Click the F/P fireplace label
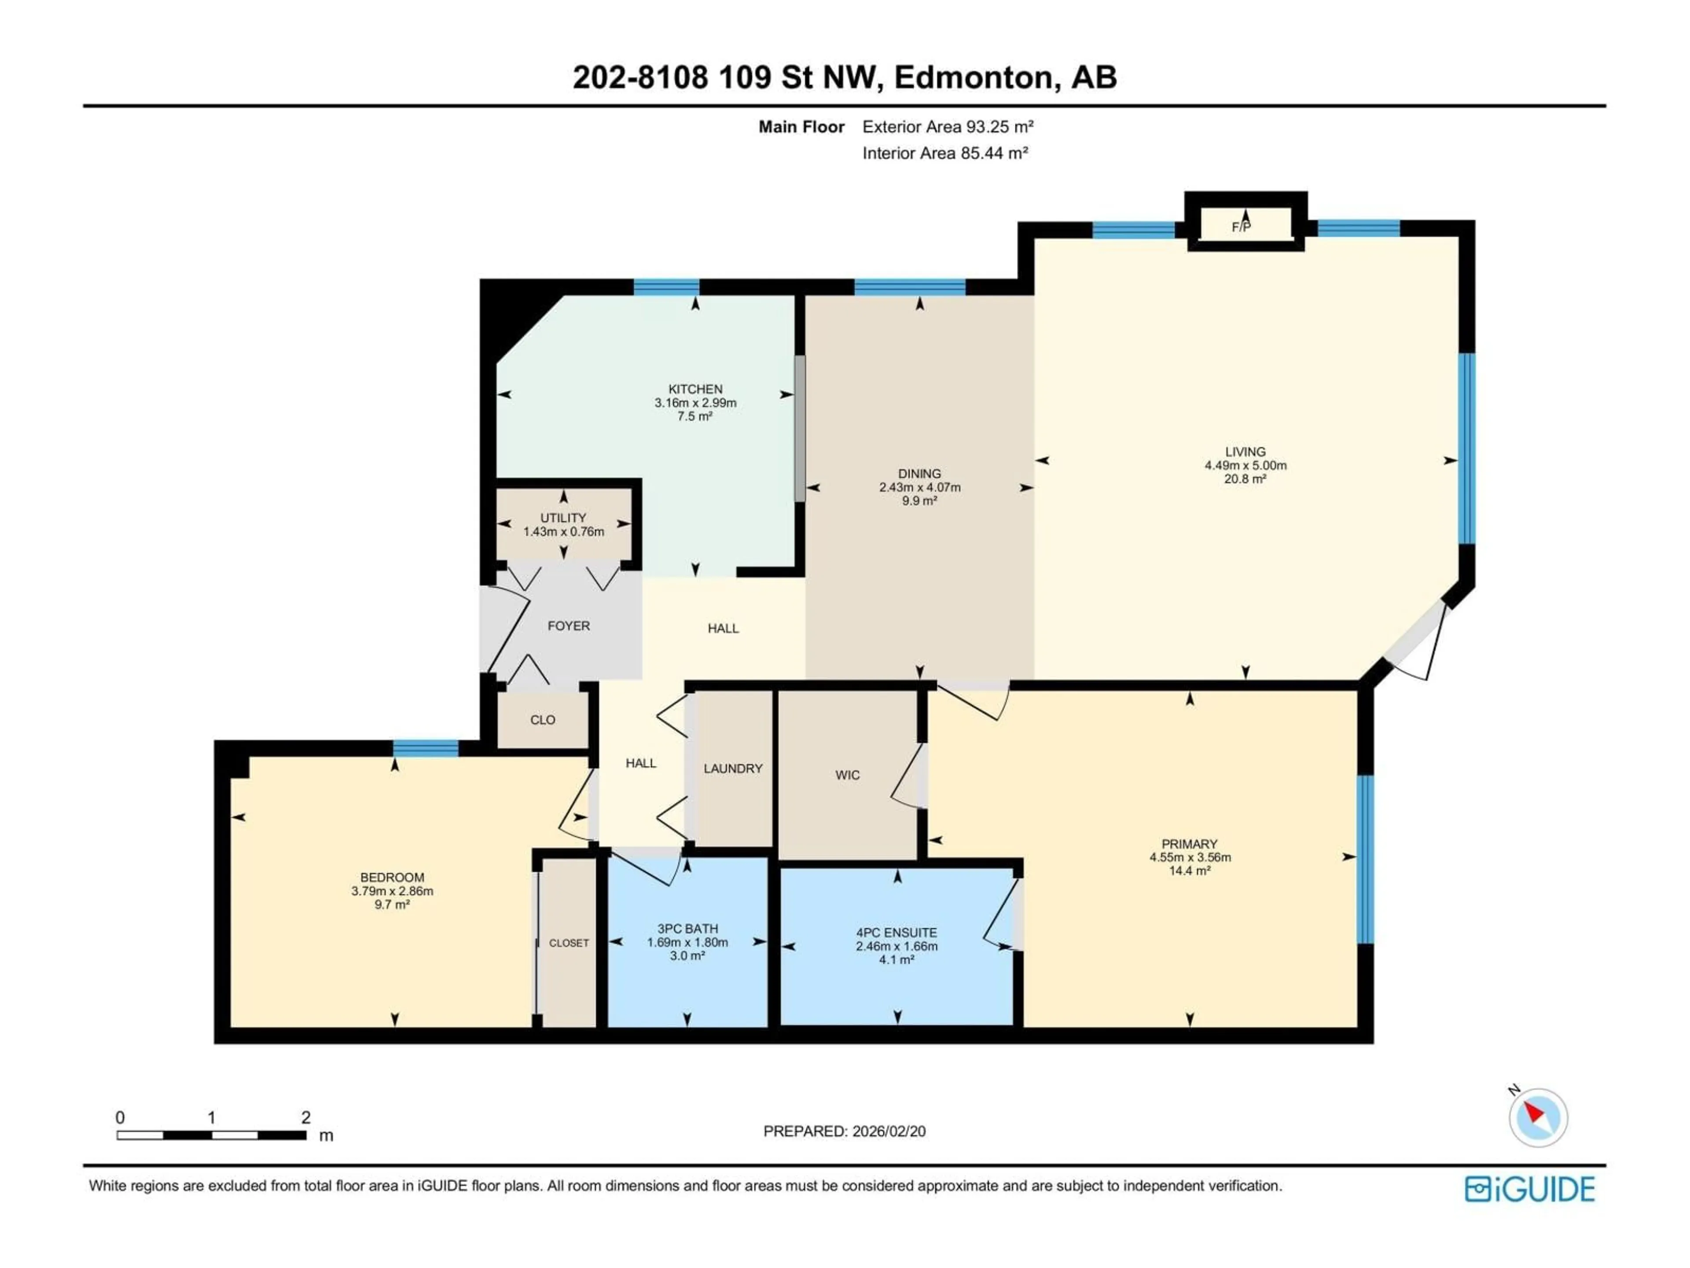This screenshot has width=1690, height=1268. coord(1241,227)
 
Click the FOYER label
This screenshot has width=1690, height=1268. coord(569,626)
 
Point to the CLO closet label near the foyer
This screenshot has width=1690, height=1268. coord(543,720)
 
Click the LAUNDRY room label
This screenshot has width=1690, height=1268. coord(733,768)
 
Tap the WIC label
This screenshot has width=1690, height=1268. coord(847,775)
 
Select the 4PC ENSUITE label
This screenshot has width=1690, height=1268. coord(896,933)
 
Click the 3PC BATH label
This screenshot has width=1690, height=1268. coord(687,929)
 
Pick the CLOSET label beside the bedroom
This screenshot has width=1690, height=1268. coord(569,943)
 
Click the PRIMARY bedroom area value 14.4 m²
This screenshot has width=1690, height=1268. coord(1190,870)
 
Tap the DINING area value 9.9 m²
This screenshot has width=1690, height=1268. coord(919,501)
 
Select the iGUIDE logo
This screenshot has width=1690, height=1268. coord(1529,1189)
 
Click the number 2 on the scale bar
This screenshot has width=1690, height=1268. coord(305,1117)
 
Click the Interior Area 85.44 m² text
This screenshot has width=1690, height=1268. coord(944,153)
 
